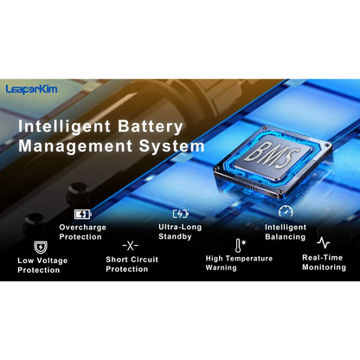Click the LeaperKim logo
click(31, 89)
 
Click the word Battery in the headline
click(151, 127)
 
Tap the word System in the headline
click(172, 146)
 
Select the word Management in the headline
click(75, 146)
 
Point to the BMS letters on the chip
click(273, 155)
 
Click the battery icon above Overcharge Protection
click(83, 215)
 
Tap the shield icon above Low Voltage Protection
click(41, 247)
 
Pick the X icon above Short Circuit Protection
click(131, 246)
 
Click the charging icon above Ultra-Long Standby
click(181, 214)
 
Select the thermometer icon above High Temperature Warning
click(238, 246)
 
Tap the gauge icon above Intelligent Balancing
click(286, 211)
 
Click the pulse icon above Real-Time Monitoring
click(324, 243)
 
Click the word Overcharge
click(83, 228)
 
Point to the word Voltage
click(52, 260)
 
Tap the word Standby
click(175, 237)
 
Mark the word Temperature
click(248, 259)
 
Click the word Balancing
click(286, 237)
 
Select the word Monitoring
click(324, 267)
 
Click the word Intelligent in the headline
click(64, 127)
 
